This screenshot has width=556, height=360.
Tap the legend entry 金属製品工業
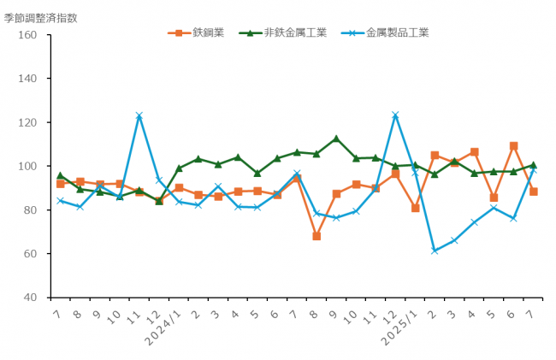[397, 33]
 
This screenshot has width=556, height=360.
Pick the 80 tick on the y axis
[29, 210]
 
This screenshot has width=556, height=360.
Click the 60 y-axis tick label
[29, 254]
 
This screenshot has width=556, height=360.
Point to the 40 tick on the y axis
[29, 298]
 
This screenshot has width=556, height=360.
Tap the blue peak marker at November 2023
[139, 115]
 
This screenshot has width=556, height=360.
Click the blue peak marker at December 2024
[395, 115]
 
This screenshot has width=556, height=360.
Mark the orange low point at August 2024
[316, 236]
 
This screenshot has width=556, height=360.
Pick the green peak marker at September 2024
[336, 139]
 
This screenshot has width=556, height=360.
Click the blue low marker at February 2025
[435, 251]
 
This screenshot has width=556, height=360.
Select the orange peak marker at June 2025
[513, 146]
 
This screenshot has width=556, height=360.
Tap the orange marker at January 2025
[415, 208]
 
